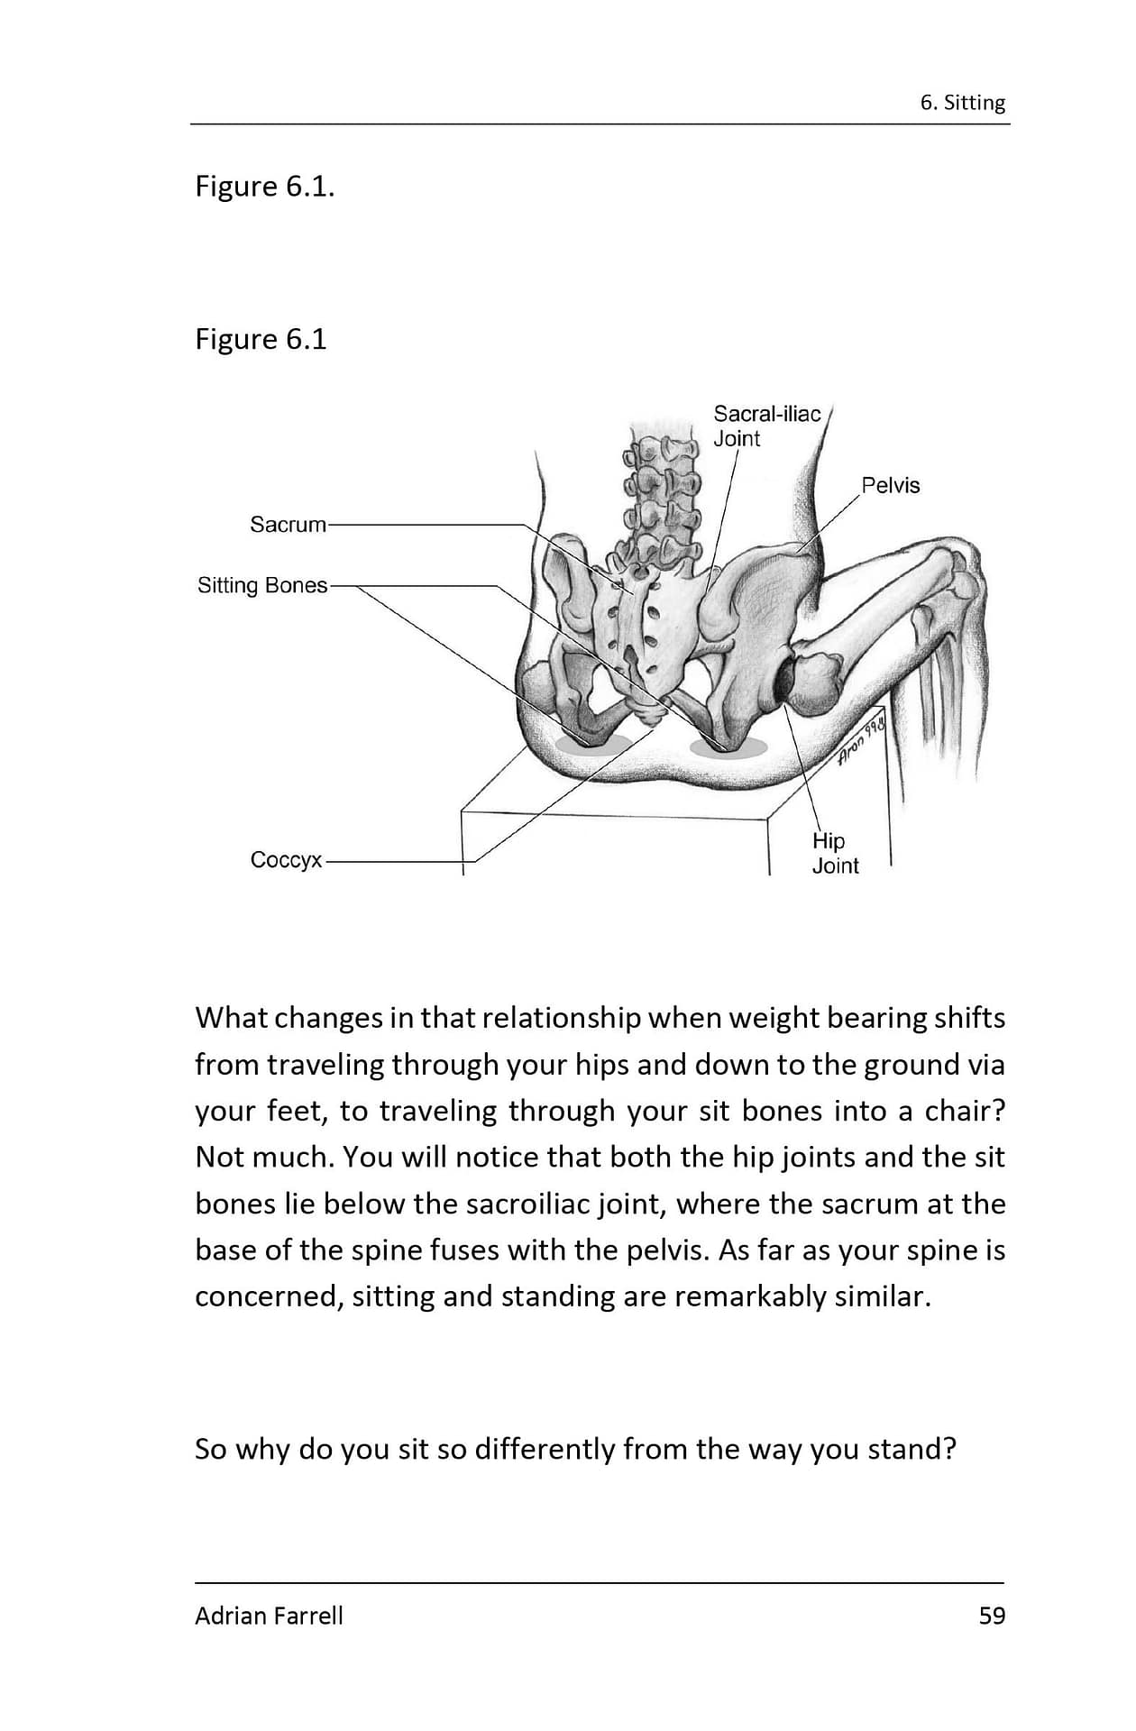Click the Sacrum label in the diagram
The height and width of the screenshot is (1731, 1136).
click(x=288, y=525)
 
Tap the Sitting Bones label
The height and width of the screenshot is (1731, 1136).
click(x=262, y=586)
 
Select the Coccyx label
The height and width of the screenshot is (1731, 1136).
click(x=286, y=860)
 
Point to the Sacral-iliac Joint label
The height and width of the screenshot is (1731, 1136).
click(x=766, y=426)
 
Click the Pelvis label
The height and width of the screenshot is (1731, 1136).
click(x=890, y=486)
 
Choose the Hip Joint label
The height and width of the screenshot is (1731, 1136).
click(x=834, y=853)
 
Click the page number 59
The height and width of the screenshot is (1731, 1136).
click(x=992, y=1616)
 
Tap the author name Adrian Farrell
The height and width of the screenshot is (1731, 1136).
click(x=269, y=1616)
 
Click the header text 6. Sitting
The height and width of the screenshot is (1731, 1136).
click(x=962, y=103)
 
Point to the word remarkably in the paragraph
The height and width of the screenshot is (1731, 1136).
click(x=750, y=1296)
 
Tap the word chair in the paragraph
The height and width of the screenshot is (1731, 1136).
click(x=958, y=1111)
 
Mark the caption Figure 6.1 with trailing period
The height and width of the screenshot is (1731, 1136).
click(x=264, y=187)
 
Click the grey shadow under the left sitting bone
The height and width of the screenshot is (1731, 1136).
click(x=591, y=745)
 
